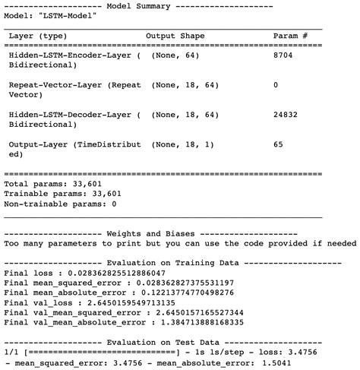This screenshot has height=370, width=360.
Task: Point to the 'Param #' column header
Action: click(290, 36)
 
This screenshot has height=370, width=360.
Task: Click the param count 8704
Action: click(284, 55)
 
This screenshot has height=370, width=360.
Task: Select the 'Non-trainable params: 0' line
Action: click(61, 204)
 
